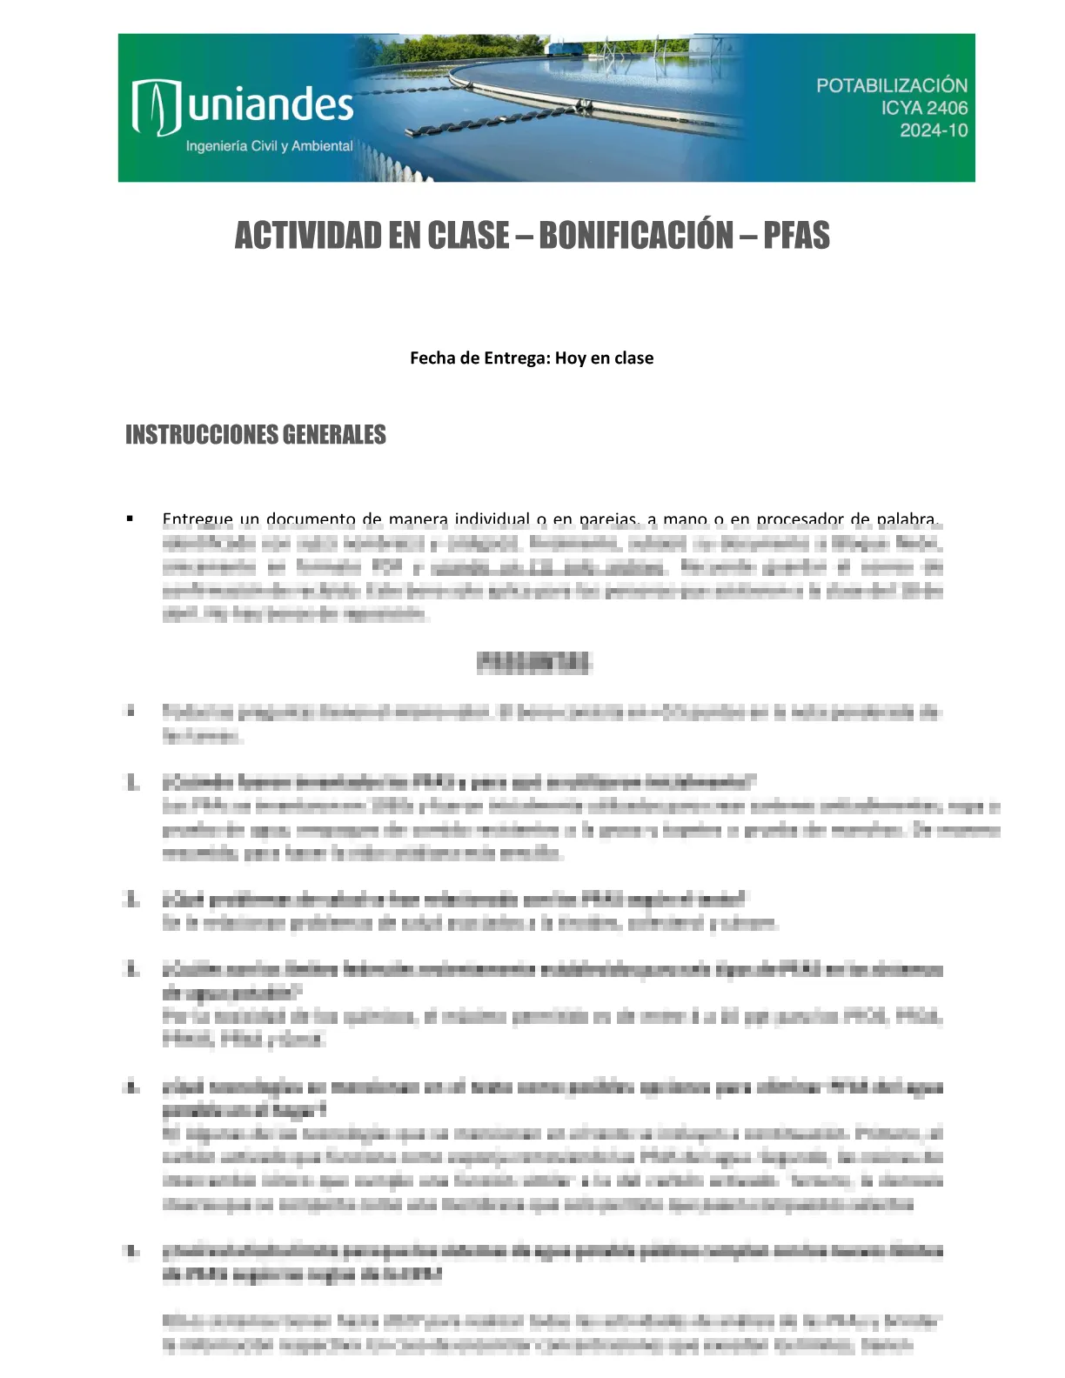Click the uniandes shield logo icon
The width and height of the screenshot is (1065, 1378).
tap(156, 107)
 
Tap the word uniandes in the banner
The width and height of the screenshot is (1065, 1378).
tap(271, 105)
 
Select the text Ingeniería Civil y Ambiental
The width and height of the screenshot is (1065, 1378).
tap(269, 146)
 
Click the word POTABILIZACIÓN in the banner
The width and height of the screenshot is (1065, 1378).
tap(891, 85)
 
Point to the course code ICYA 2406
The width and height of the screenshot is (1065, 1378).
tap(923, 108)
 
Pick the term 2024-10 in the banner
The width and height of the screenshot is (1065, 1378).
tap(933, 130)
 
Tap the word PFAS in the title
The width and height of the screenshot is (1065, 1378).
tap(796, 236)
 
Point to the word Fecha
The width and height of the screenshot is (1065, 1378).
tap(432, 358)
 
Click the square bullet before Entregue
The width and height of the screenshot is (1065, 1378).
tap(131, 519)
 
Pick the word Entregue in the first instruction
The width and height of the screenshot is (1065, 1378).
tap(198, 520)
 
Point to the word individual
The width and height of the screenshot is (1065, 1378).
tap(492, 520)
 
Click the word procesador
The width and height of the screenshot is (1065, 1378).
tap(812, 520)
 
